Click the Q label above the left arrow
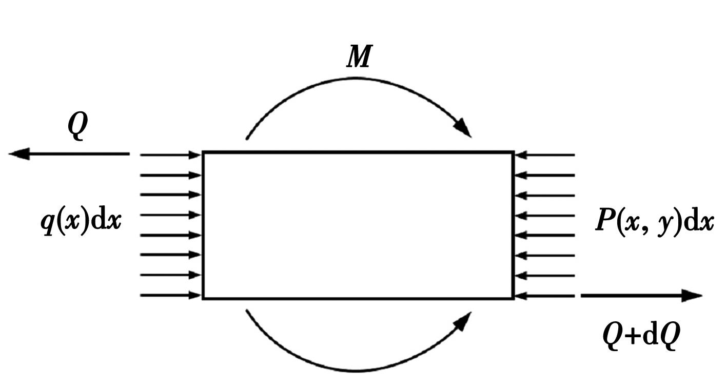tap(77, 125)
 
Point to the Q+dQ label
tap(641, 336)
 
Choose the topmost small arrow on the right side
tap(545, 155)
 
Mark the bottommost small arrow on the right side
tap(545, 296)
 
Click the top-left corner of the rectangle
tap(203, 152)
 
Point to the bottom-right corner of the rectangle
tap(513, 298)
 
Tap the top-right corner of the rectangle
tap(513, 152)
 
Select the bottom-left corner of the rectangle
tap(203, 298)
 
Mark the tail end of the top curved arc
tap(247, 139)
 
